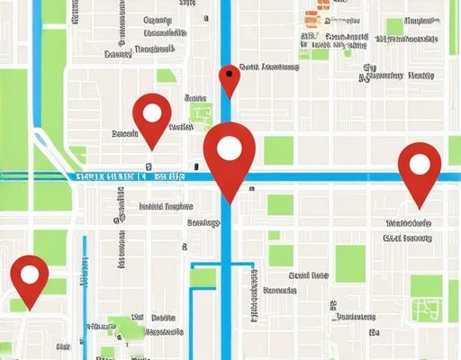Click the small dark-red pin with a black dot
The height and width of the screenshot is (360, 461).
point(230,78)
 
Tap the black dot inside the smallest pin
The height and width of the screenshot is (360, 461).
point(230,73)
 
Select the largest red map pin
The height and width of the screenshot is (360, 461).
point(230,157)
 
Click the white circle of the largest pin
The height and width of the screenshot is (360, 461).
point(230,148)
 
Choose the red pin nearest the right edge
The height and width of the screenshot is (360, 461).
point(420,171)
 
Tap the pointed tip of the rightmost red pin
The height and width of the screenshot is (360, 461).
point(420,210)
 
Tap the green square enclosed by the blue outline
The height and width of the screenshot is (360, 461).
point(203,277)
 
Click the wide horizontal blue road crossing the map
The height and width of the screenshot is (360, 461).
point(342,177)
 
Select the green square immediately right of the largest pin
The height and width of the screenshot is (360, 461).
point(278,150)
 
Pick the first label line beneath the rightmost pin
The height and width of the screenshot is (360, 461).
point(407,222)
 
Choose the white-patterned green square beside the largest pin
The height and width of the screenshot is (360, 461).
point(201,114)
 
